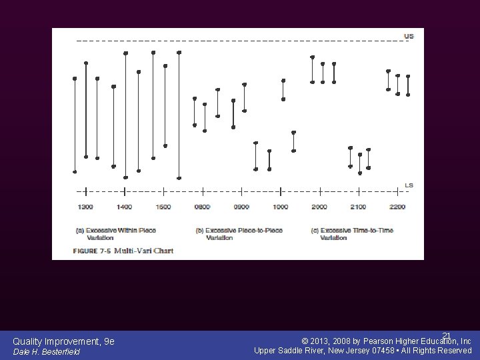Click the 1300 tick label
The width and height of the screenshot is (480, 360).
click(85, 207)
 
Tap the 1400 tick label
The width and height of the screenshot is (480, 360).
click(125, 207)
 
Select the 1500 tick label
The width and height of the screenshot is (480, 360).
click(163, 207)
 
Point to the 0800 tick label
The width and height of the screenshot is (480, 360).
click(203, 207)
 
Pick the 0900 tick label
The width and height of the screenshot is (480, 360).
click(241, 207)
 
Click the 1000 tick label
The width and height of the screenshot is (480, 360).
click(281, 207)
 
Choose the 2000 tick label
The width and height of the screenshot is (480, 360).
click(319, 207)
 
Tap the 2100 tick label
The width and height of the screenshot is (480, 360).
click(359, 207)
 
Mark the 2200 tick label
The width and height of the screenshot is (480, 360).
click(397, 207)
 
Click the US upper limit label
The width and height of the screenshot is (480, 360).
click(409, 36)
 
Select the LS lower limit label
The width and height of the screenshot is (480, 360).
click(409, 185)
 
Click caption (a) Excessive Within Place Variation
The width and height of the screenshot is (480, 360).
click(116, 233)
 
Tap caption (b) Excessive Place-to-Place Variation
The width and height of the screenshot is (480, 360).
click(239, 233)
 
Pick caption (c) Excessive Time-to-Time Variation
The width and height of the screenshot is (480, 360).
click(353, 233)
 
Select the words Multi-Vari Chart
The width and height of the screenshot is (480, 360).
click(143, 251)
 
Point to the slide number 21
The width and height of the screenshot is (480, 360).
click(447, 335)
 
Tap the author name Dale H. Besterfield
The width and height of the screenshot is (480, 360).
click(46, 352)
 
